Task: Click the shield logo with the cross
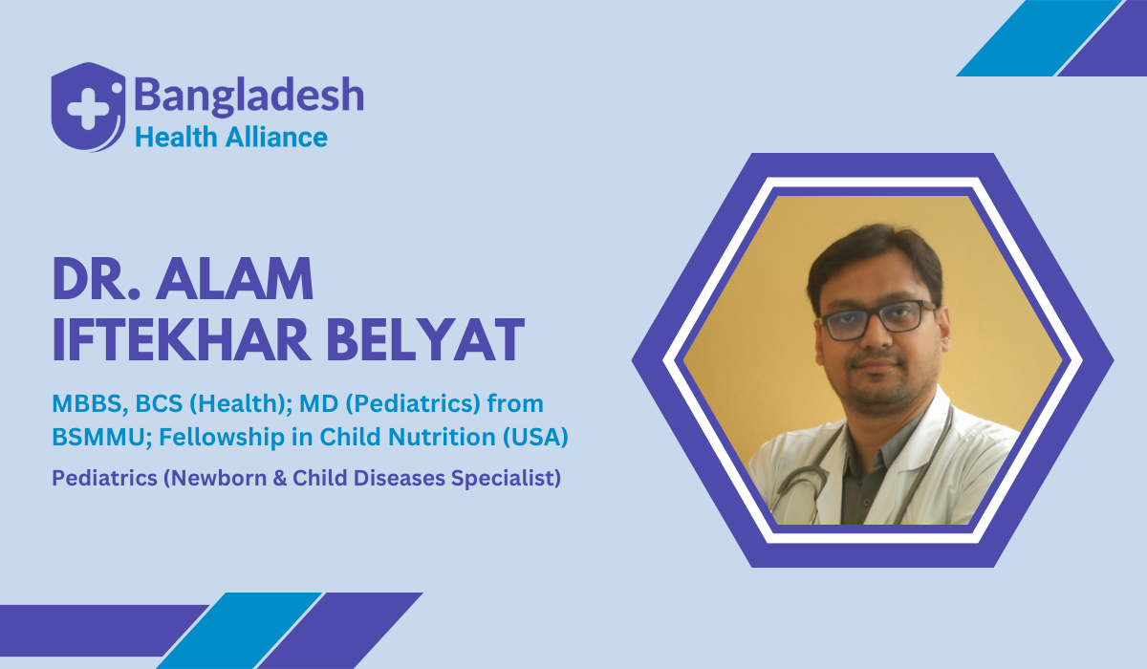(x=87, y=106)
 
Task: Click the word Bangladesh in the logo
(x=249, y=97)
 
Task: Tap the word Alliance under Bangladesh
(x=276, y=137)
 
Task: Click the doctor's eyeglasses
(x=877, y=317)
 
